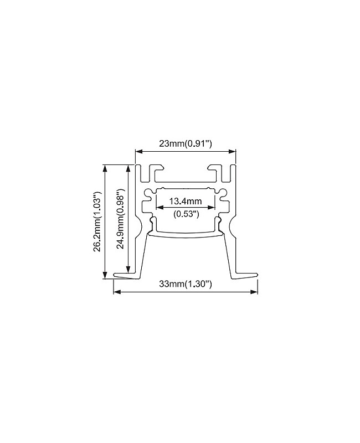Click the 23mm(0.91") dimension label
[186, 144]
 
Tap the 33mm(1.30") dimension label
[186, 284]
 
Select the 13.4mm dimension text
[186, 201]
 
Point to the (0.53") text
[186, 214]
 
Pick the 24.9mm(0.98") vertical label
[121, 219]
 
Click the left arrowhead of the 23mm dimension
[139, 152]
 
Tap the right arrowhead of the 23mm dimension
[232, 152]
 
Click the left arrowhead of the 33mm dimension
[117, 292]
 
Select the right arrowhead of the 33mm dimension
[254, 292]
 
